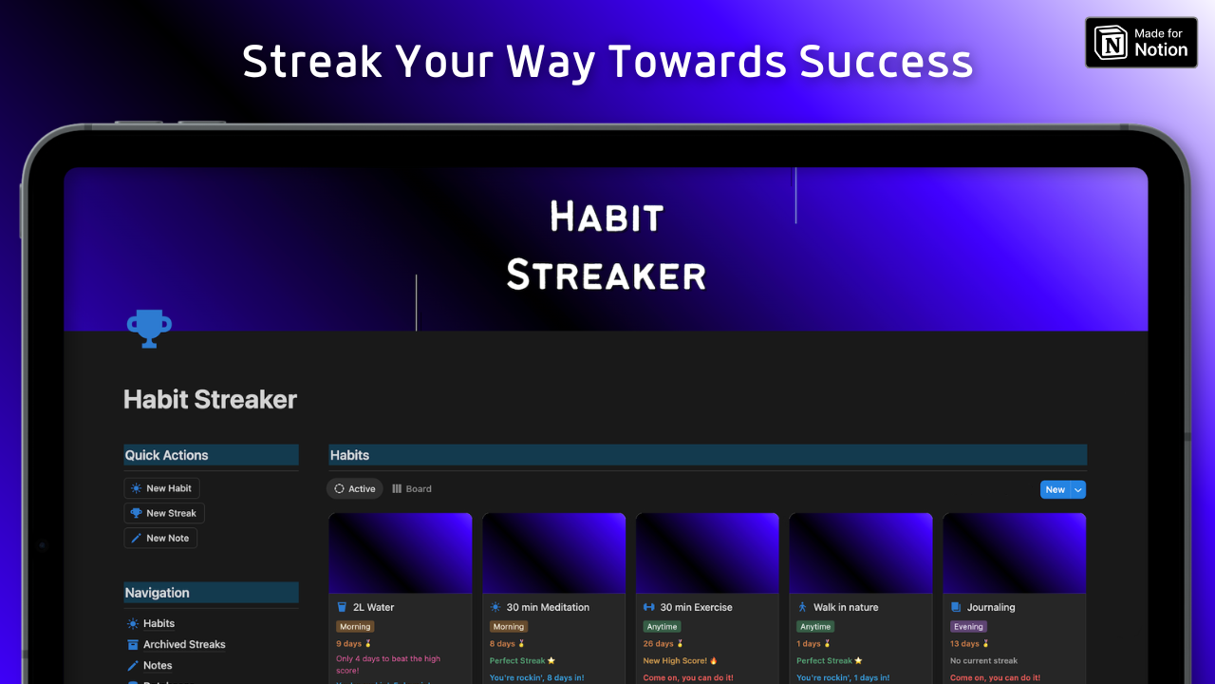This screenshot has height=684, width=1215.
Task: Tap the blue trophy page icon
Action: [149, 329]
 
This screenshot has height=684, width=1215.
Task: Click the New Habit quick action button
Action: [161, 488]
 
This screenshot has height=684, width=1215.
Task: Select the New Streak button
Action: [164, 513]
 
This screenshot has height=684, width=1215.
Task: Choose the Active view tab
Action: [355, 489]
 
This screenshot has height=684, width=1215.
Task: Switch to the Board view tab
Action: [412, 489]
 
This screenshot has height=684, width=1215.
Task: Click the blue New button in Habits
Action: [1055, 489]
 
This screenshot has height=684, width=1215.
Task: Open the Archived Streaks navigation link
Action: [184, 644]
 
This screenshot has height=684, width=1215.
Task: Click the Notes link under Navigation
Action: [158, 665]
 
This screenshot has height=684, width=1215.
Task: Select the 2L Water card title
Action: [373, 607]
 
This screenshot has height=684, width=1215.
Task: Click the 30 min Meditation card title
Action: [548, 607]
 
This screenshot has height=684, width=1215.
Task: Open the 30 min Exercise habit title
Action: [696, 607]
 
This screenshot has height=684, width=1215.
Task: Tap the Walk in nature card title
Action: [846, 607]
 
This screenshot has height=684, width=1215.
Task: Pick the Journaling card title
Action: [991, 607]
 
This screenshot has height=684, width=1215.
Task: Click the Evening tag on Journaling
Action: [968, 627]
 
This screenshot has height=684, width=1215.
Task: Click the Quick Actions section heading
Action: [167, 455]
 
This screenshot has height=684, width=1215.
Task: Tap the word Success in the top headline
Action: [886, 62]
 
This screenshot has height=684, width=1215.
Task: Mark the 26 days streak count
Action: [659, 644]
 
